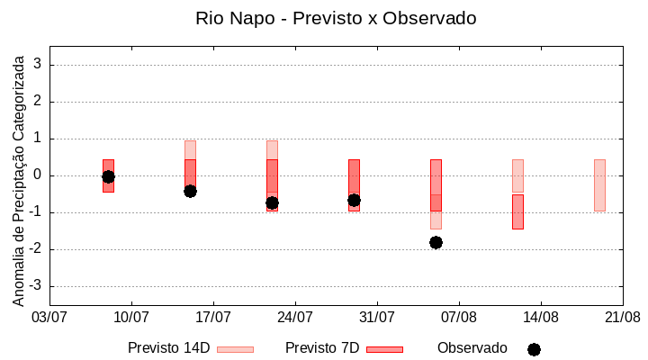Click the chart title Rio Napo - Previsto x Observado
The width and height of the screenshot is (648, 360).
[336, 18]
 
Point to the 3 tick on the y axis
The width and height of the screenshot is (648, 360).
[39, 65]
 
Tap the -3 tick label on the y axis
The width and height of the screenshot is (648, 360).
[35, 286]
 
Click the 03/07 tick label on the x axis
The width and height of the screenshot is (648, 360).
[49, 318]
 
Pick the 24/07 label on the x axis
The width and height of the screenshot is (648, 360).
[295, 318]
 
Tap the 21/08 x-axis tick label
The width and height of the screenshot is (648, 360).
[622, 318]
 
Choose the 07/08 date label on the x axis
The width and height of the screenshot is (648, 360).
[459, 318]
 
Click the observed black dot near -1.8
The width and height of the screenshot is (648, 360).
[436, 242]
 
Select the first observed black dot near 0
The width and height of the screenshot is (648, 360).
[108, 176]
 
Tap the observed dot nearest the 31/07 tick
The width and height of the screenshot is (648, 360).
[354, 200]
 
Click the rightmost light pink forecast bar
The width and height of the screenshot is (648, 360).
[599, 185]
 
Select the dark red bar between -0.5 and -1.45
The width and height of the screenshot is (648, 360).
[517, 211]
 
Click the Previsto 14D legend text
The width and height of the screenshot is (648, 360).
[168, 348]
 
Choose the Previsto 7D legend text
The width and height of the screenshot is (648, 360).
[322, 348]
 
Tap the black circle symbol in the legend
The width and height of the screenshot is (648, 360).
[534, 349]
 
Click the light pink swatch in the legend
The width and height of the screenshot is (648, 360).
[235, 349]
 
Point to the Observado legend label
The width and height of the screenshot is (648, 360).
[472, 348]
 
